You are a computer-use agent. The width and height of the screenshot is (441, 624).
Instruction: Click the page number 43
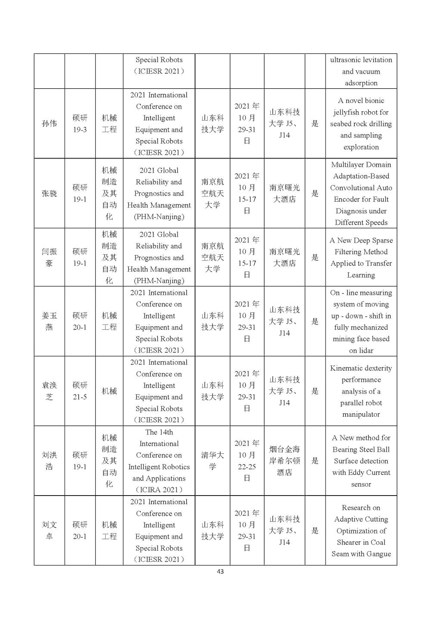coord(220,571)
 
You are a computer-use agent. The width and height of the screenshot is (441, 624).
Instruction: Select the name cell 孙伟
coord(49,124)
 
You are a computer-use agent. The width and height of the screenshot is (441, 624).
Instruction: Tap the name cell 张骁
coord(49,193)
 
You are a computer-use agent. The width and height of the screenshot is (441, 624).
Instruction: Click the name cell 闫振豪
coord(49,257)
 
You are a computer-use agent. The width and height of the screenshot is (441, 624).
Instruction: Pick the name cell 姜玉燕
coord(49,321)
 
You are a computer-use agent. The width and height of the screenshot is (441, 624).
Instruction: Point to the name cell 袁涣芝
coord(49,391)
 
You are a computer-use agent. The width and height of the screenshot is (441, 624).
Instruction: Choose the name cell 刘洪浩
coord(49,461)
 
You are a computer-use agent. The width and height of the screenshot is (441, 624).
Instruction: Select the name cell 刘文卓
coord(49,530)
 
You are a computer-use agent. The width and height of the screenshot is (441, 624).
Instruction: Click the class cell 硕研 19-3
coord(80,124)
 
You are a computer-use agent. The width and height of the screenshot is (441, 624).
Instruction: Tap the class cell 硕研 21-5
coord(80,391)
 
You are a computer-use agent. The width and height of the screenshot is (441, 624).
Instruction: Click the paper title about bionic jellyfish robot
coord(361,124)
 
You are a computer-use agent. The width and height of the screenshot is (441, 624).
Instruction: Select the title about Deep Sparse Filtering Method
coord(361,257)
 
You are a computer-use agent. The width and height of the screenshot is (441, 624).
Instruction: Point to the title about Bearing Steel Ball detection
coord(361,461)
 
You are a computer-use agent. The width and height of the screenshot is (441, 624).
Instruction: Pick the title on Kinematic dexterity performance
coord(361,391)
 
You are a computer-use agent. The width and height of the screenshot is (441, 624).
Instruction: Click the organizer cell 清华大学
coord(212,461)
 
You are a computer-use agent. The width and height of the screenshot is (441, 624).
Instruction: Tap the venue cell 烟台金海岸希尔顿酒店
coord(284,461)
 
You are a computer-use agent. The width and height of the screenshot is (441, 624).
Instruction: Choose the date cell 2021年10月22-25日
coord(247,461)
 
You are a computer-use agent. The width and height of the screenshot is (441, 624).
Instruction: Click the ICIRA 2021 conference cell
coord(159,461)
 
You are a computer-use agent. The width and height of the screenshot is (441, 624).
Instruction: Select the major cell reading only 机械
coord(109,391)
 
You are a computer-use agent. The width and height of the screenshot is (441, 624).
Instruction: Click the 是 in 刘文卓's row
coord(315,530)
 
